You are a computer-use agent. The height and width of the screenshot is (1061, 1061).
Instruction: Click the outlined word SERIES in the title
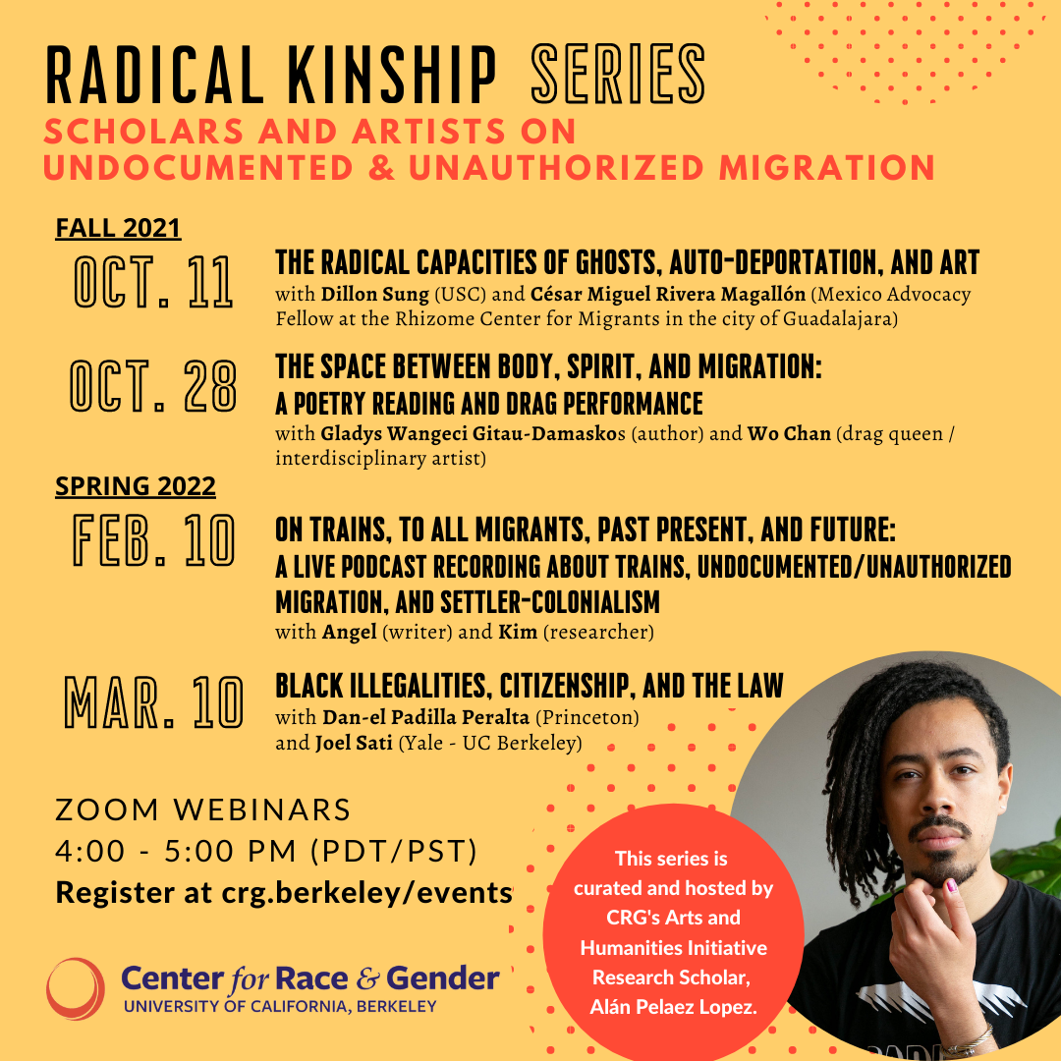tap(618, 75)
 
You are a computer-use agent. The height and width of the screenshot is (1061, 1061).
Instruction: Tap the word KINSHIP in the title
tap(392, 75)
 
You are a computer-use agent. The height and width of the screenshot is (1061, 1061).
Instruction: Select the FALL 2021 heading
tap(118, 228)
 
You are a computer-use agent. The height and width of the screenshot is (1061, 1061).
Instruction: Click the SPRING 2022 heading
tap(136, 486)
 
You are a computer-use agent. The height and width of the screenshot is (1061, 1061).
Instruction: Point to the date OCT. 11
tap(153, 282)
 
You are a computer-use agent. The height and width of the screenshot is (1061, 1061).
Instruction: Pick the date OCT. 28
tap(153, 386)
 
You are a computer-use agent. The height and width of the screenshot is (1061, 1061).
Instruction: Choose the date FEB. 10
tap(153, 539)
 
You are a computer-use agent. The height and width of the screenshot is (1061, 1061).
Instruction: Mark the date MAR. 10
tap(153, 701)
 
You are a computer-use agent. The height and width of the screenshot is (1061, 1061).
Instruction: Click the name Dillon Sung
tap(375, 295)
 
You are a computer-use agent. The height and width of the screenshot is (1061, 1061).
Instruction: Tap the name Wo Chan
tap(789, 433)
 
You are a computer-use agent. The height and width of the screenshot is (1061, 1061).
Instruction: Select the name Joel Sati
tap(354, 743)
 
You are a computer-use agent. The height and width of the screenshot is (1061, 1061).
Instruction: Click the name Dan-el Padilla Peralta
tap(425, 717)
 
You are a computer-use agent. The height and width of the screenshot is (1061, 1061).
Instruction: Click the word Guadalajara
tap(838, 318)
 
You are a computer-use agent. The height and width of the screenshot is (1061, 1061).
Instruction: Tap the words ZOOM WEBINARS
tap(203, 810)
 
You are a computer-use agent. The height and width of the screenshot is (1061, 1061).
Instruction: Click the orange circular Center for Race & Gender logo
tap(75, 988)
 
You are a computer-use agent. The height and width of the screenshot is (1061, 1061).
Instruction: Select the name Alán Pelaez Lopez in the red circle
tap(673, 1008)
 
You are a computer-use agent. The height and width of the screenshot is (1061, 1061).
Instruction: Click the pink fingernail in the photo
tap(951, 886)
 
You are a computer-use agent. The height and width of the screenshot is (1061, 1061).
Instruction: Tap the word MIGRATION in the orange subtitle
tap(827, 168)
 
